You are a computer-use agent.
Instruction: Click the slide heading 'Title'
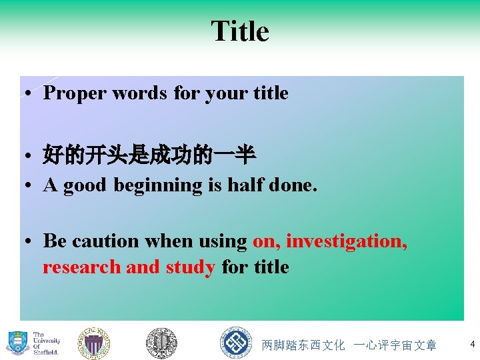[240, 31]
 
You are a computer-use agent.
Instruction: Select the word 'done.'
[294, 185]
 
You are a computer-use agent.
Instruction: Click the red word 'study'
[190, 267]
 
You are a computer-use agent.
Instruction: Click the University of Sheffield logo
[33, 343]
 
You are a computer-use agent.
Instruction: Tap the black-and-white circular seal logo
[161, 343]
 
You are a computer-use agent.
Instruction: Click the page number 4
[472, 344]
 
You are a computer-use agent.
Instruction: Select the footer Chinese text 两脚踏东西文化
[303, 345]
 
